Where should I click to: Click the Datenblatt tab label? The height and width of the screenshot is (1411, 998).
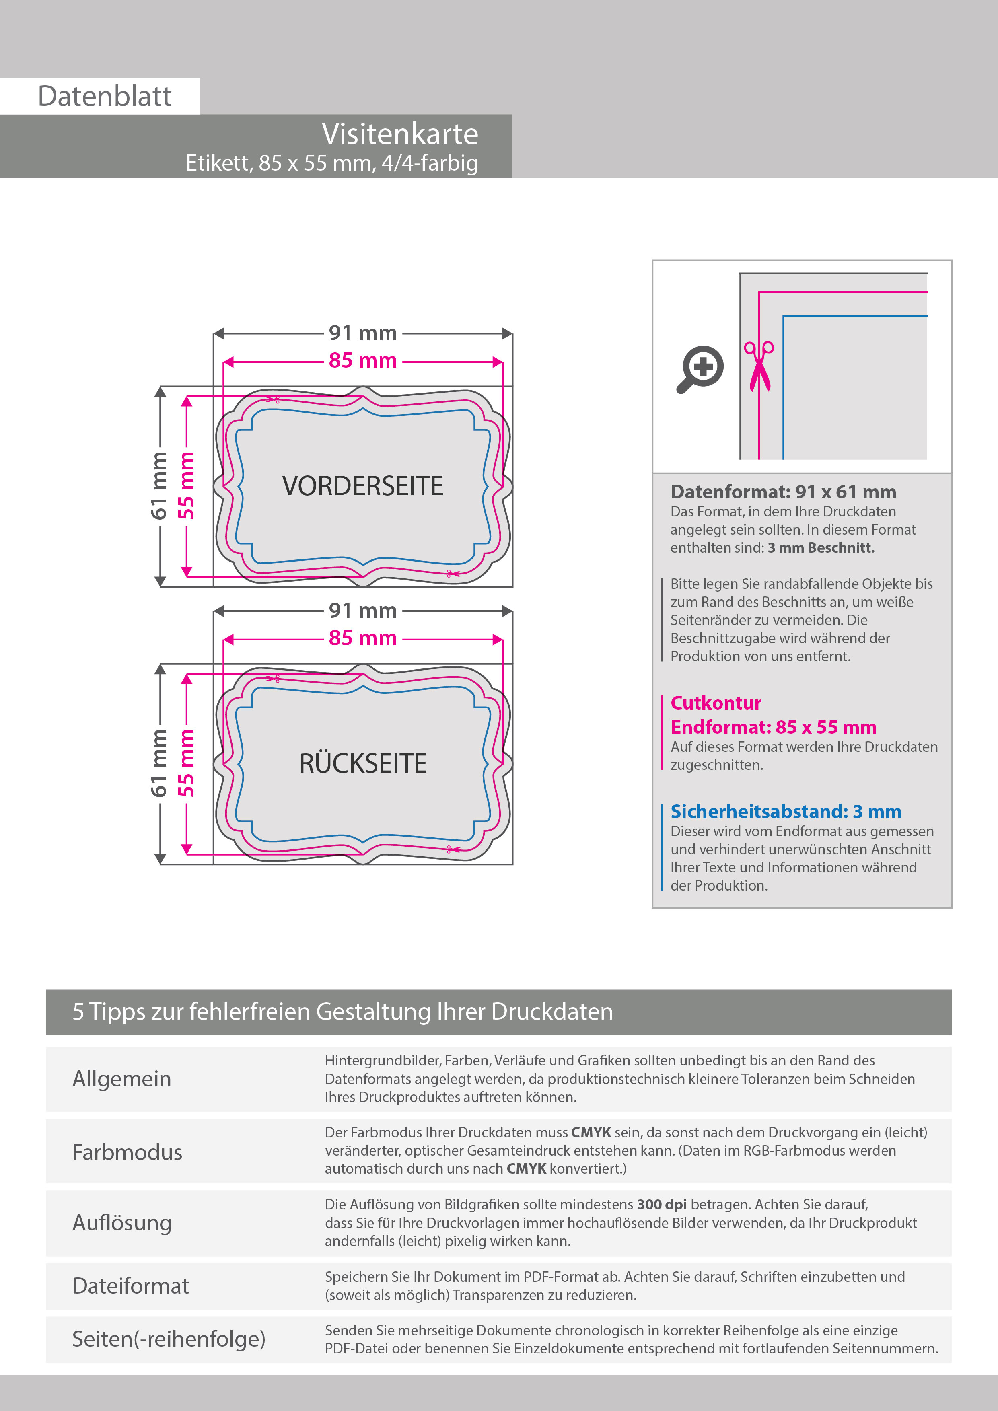(105, 97)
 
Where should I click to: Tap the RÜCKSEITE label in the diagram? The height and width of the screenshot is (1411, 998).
(362, 764)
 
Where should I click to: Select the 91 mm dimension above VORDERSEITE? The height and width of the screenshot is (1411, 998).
(362, 333)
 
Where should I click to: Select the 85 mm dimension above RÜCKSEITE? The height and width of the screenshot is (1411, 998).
(362, 638)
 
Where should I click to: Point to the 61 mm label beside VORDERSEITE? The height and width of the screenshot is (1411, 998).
(159, 485)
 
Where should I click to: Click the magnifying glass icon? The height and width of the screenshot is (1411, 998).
(701, 369)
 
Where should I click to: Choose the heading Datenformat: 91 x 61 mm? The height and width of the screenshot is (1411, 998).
(783, 492)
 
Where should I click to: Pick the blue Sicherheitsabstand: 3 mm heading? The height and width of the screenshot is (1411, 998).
(785, 812)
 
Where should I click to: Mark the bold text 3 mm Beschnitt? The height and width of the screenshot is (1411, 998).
(821, 547)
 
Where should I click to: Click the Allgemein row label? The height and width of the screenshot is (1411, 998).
(121, 1078)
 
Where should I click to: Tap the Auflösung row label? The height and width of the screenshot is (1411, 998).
(121, 1223)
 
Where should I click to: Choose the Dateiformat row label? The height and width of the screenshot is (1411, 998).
(130, 1286)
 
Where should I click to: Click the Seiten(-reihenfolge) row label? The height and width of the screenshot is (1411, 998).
(169, 1339)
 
